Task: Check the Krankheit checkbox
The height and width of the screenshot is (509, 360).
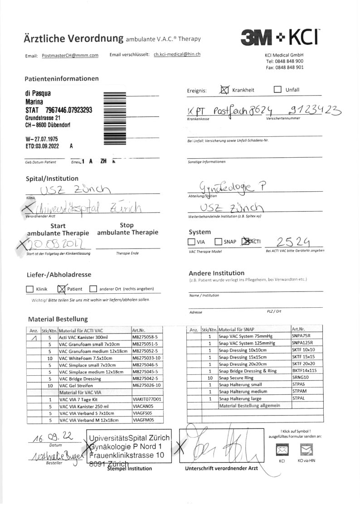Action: click(224, 90)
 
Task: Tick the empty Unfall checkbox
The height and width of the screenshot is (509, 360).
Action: click(277, 89)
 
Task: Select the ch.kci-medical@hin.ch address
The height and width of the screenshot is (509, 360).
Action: click(177, 54)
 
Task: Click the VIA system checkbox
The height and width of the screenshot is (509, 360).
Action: click(192, 242)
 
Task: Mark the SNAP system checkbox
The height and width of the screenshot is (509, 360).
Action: click(219, 242)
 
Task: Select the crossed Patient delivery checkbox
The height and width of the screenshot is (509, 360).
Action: click(62, 289)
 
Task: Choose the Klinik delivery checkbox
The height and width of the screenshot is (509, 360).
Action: click(30, 289)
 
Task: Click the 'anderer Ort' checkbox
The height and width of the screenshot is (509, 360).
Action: click(93, 289)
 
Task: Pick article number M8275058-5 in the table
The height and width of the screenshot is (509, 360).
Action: click(145, 337)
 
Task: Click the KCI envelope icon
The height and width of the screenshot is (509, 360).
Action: click(282, 450)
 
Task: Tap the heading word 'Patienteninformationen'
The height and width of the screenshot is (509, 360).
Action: click(62, 78)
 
